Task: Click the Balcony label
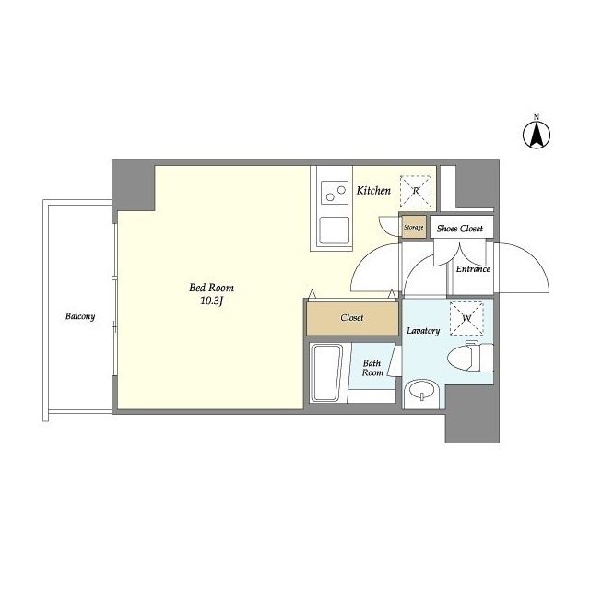(x=80, y=316)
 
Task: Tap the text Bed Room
(x=211, y=288)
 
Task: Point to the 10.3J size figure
(x=212, y=301)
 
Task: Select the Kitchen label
(x=373, y=191)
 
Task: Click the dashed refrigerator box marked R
(x=416, y=191)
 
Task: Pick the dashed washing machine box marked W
(x=466, y=318)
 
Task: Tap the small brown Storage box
(x=414, y=227)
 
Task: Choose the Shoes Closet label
(x=460, y=229)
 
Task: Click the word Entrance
(x=473, y=269)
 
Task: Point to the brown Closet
(x=352, y=318)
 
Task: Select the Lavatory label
(x=423, y=331)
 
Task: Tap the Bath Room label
(x=372, y=368)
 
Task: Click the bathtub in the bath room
(x=326, y=372)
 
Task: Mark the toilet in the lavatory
(x=471, y=356)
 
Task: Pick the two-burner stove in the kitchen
(x=335, y=193)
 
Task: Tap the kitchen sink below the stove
(x=334, y=231)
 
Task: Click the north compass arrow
(x=537, y=135)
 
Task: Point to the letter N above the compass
(x=537, y=116)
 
